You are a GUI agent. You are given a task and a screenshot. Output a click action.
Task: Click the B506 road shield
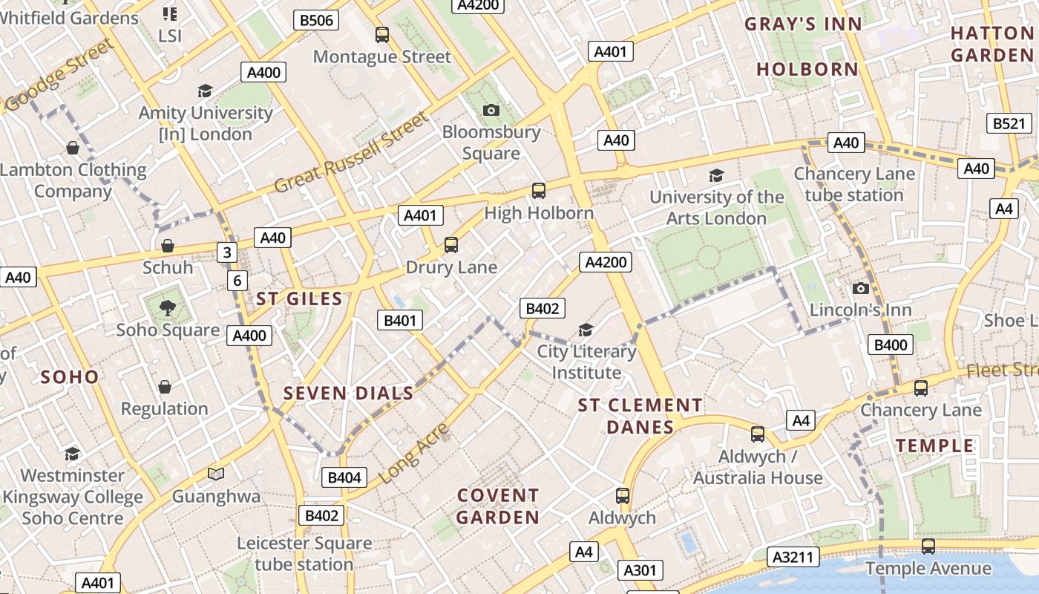click(316, 20)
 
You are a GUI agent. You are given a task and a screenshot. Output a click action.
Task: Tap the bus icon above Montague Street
click(382, 34)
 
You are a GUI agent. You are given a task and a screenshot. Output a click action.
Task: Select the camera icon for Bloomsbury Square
click(491, 110)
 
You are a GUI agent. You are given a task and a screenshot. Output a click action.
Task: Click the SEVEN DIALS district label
click(348, 394)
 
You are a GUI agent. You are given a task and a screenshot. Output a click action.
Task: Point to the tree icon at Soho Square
click(168, 307)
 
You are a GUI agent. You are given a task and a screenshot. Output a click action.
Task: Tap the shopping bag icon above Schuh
click(168, 245)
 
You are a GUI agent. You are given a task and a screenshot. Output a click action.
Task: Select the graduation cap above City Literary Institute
click(586, 330)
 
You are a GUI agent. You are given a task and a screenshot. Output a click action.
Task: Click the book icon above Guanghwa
click(216, 474)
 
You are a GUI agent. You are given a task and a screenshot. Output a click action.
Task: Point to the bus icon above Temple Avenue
click(928, 546)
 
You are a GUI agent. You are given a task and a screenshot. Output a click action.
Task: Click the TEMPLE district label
click(934, 446)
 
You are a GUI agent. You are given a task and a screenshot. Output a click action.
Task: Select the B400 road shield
click(890, 345)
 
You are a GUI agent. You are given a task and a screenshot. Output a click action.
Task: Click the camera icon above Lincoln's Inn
click(860, 288)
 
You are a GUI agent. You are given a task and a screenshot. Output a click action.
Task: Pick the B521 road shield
click(1008, 123)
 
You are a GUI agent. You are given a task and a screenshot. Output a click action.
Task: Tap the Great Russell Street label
click(351, 152)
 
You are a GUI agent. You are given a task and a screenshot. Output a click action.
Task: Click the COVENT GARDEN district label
click(497, 506)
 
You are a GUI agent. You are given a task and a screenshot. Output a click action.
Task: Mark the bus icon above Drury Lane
click(450, 244)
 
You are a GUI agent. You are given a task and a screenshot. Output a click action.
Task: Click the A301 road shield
click(639, 570)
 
